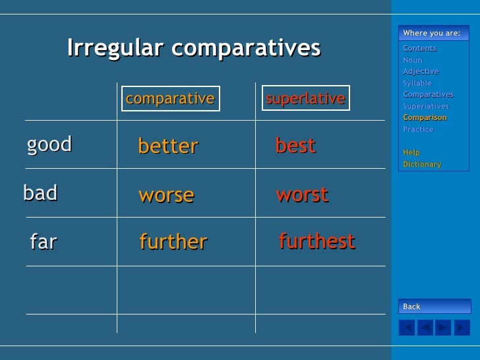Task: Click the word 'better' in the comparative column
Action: tap(167, 146)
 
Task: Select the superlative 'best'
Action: tap(295, 145)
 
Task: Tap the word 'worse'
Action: tap(166, 195)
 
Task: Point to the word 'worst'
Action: tap(302, 195)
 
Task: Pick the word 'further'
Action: tap(173, 242)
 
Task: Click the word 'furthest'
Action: tap(316, 241)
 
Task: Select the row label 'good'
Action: tap(49, 144)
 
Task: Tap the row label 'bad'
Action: tap(40, 193)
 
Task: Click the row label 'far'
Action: tap(44, 242)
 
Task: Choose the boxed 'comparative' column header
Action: tap(170, 99)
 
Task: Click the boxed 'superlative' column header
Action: tap(305, 99)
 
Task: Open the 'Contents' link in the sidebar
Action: tap(419, 48)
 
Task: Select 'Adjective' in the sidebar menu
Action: tap(421, 71)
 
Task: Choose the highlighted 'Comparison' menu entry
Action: tap(425, 117)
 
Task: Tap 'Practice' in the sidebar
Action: tap(418, 129)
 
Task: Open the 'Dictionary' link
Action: tap(422, 164)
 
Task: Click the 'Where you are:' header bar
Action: tap(434, 34)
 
